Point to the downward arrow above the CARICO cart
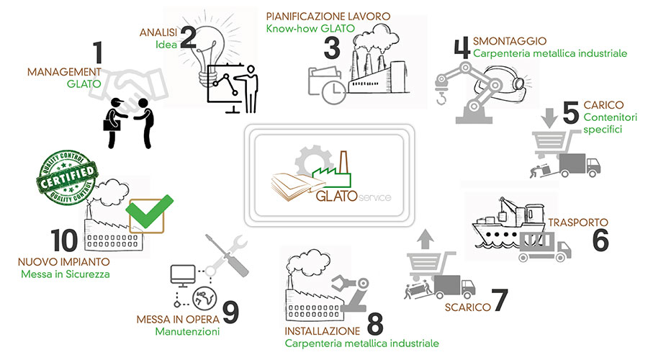(546, 116)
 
